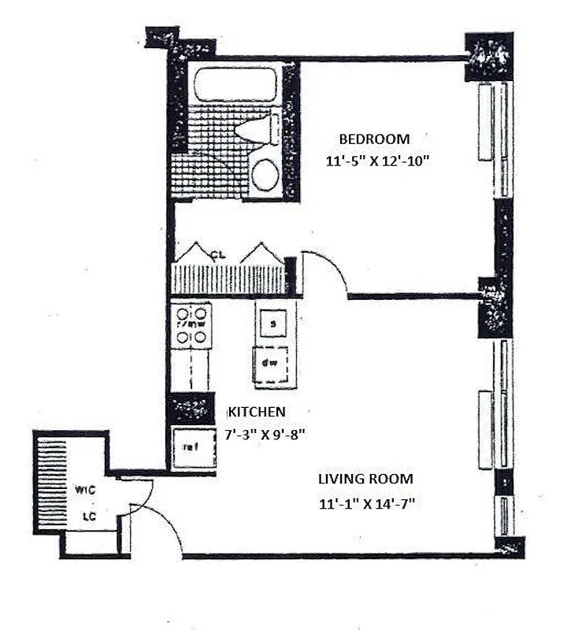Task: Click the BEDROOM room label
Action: coord(374,139)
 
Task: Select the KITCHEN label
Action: coord(256,412)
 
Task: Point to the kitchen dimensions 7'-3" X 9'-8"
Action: coord(265,432)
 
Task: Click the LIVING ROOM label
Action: coord(365,479)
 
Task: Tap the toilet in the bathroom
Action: coord(260,128)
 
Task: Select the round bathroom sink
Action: coord(265,175)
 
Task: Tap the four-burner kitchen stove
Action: coord(191,326)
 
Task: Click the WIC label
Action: coord(85,490)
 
